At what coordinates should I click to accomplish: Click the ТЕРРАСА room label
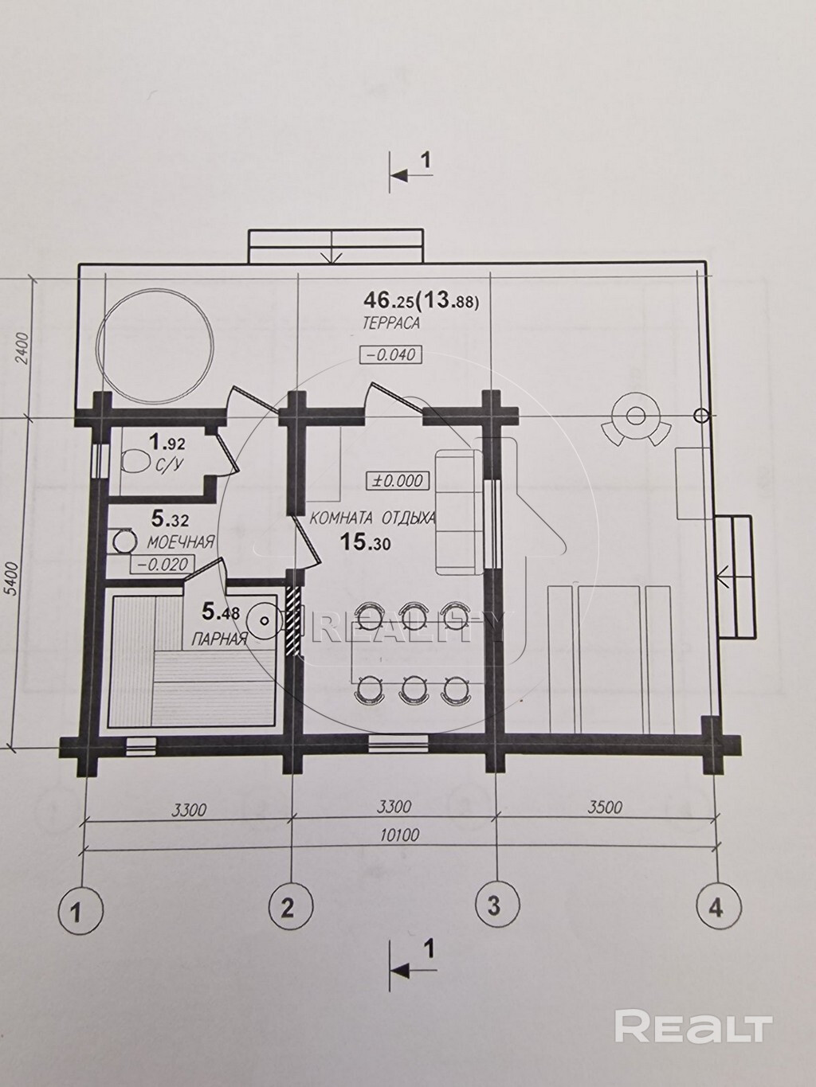point(391,323)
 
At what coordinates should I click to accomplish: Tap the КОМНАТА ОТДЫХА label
point(373,518)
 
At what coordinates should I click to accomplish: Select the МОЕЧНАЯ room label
point(181,542)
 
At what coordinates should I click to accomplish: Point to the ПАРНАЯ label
point(219,639)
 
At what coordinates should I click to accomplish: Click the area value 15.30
point(366,543)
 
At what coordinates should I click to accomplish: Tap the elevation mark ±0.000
point(395,481)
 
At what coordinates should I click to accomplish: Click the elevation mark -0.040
point(391,355)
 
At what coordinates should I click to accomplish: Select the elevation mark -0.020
point(162,565)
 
